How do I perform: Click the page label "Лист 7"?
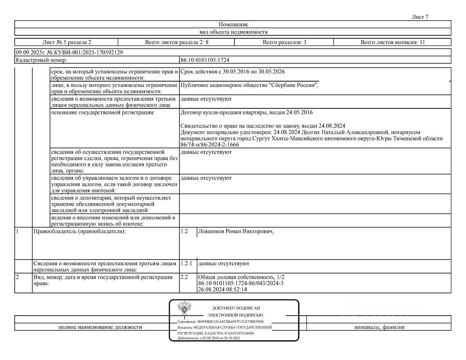point(420,17)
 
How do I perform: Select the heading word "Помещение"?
point(233,24)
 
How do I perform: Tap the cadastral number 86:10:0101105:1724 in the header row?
point(205,60)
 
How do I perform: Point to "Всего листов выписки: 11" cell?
point(392,42)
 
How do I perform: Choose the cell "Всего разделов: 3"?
point(284,42)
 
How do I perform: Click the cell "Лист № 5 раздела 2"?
point(67,42)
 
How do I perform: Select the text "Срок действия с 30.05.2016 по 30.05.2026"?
point(235,71)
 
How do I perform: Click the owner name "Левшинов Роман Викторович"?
point(235,232)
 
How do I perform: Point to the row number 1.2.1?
point(186,264)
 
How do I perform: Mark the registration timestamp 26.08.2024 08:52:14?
point(222,289)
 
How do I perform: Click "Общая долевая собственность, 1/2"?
point(241,277)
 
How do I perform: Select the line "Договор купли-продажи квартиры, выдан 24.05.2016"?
point(247,112)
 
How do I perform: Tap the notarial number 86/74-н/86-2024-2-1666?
point(210,144)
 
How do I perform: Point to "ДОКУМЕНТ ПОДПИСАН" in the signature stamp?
point(236,308)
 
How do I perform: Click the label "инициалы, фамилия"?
point(379,327)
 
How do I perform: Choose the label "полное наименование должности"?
point(100,327)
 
